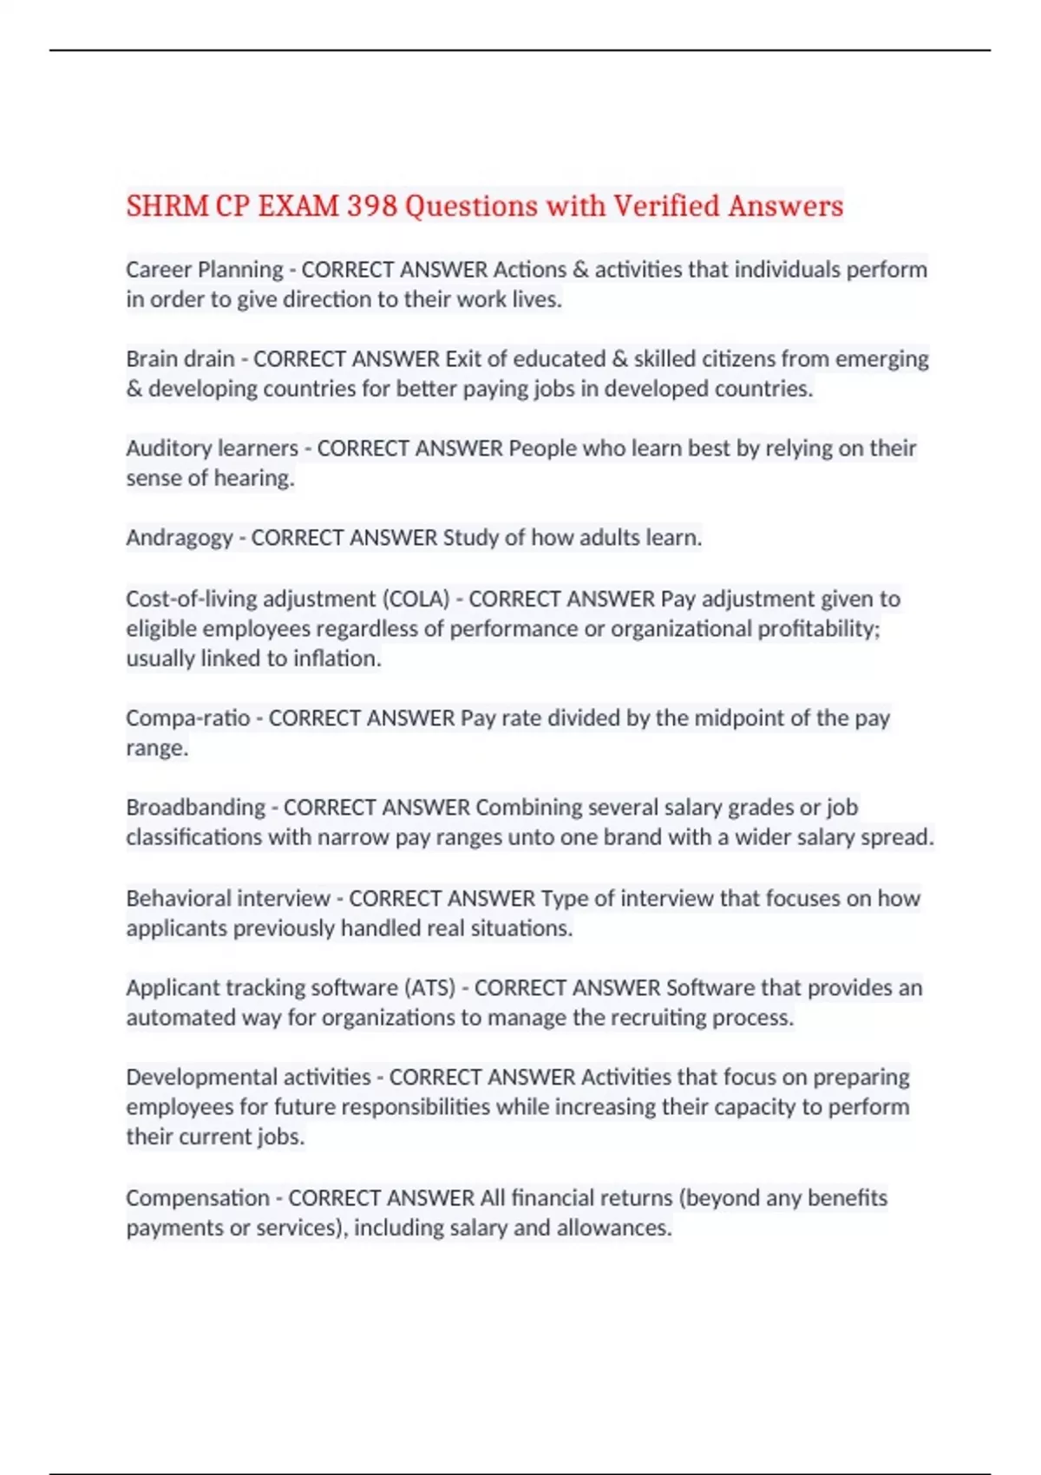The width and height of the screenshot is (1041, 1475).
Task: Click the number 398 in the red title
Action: [372, 206]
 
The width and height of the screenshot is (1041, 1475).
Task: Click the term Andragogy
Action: [179, 538]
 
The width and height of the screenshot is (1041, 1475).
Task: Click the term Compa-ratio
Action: [187, 718]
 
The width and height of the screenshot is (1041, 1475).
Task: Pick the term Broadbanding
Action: [195, 807]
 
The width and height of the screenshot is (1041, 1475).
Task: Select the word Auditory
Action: [168, 449]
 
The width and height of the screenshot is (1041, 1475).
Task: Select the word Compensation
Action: [198, 1198]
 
